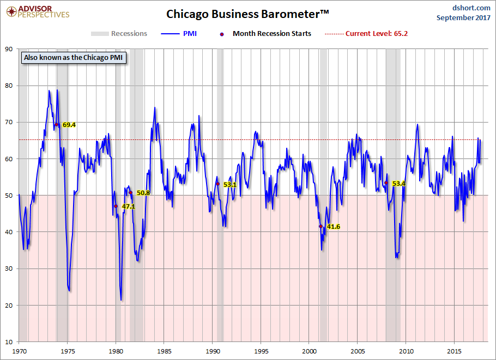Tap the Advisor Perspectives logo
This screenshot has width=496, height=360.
37,11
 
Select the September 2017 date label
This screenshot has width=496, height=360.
463,17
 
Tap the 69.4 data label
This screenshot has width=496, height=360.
69,125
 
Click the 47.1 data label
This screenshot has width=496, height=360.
128,207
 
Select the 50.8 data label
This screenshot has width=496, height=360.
143,193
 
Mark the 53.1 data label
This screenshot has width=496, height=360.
229,185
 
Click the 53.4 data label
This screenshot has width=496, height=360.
399,184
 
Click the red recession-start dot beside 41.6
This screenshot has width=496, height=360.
320,226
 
